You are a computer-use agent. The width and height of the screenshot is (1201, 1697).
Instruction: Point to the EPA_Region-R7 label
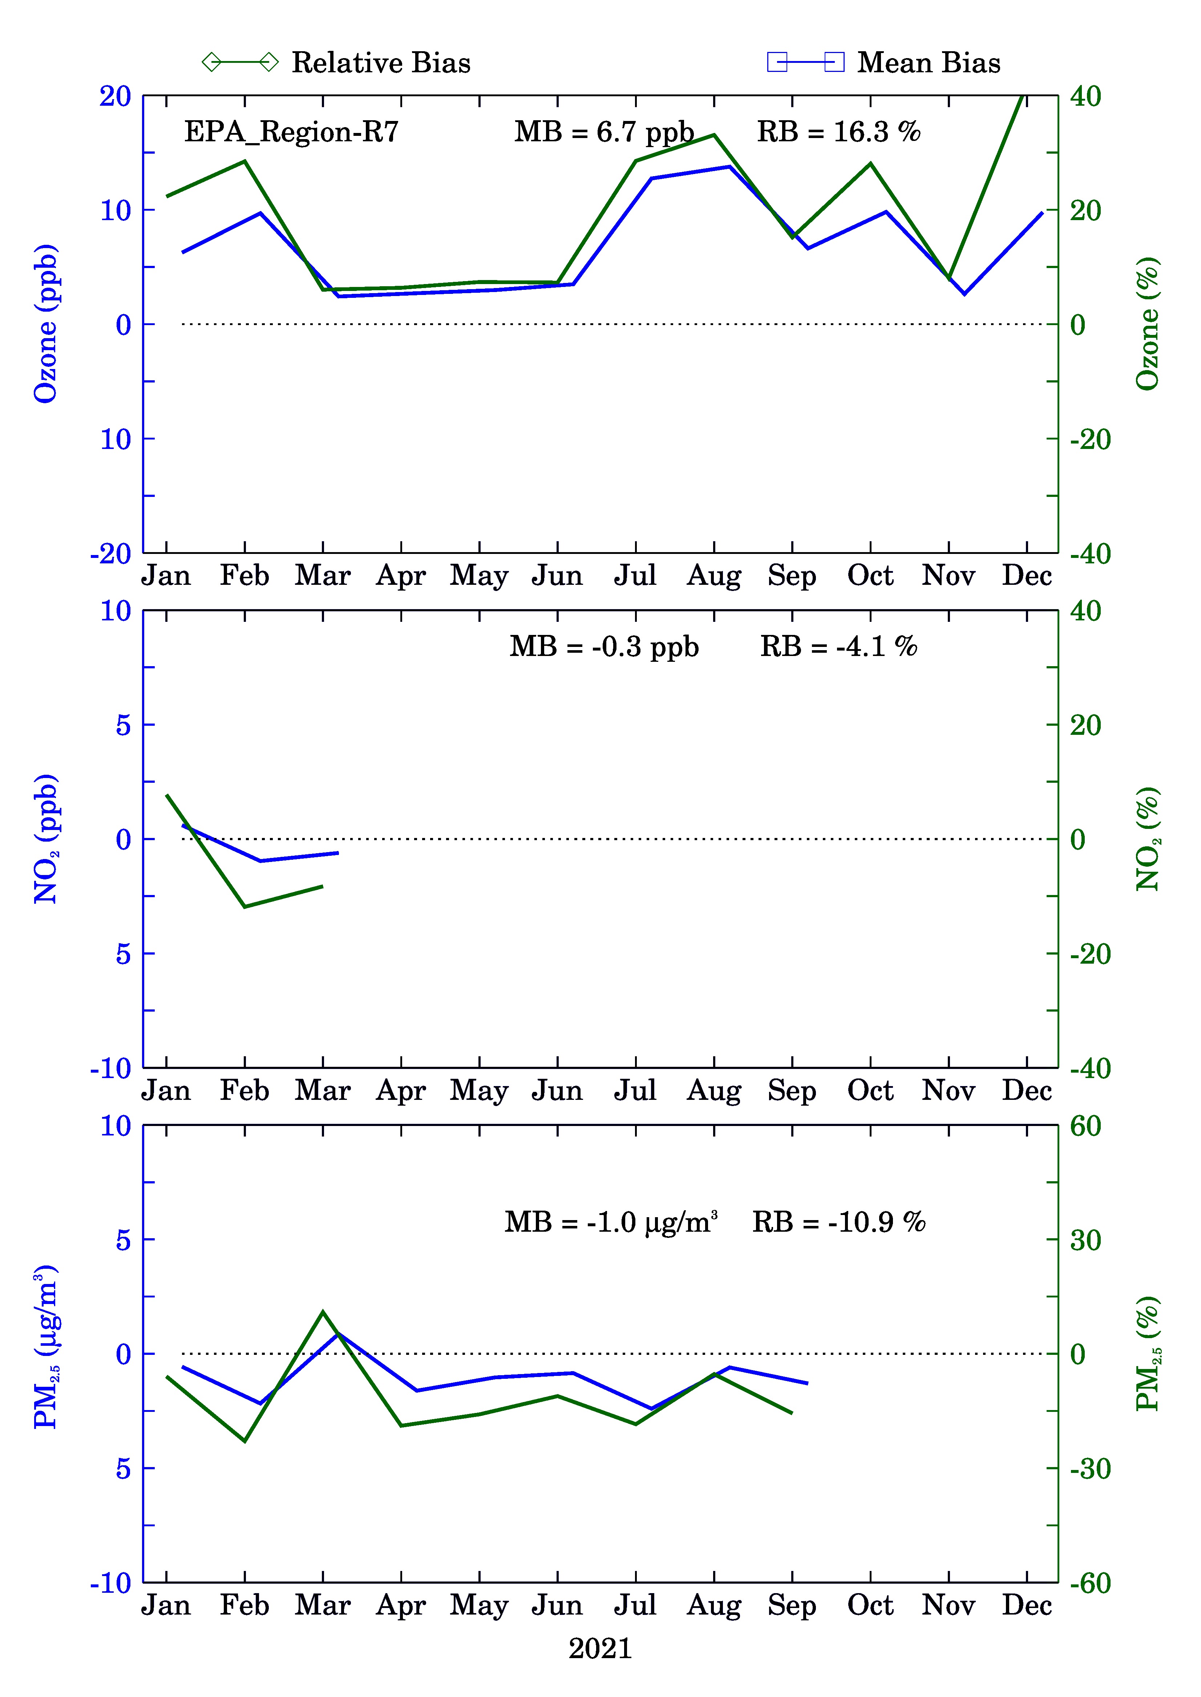tap(291, 132)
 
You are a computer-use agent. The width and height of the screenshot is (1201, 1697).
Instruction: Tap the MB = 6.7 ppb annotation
tap(604, 132)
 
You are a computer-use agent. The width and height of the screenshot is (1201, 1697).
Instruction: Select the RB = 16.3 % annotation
tap(838, 132)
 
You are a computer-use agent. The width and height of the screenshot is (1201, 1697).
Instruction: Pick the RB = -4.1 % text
tap(838, 647)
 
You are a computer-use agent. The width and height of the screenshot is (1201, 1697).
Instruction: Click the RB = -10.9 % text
tap(838, 1222)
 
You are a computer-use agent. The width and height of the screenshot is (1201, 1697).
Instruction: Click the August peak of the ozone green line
tap(713, 135)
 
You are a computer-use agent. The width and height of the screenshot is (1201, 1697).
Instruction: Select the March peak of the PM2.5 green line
tap(323, 1312)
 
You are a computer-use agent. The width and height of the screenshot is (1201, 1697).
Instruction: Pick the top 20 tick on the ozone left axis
tap(116, 96)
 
